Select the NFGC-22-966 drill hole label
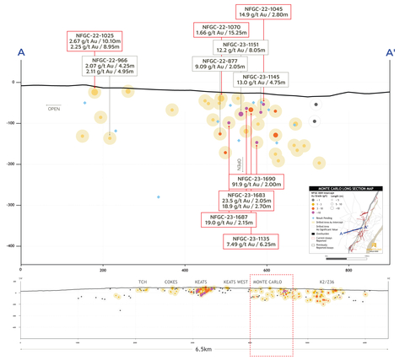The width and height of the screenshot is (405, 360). pyautogui.click(x=111, y=67)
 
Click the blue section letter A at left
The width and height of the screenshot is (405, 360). pyautogui.click(x=20, y=53)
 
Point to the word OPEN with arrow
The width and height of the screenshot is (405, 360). pyautogui.click(x=53, y=109)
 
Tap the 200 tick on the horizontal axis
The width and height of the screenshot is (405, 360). pyautogui.click(x=103, y=270)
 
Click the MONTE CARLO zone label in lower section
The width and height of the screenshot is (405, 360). pyautogui.click(x=270, y=282)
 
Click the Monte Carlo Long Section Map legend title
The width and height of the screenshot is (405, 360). pyautogui.click(x=349, y=188)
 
